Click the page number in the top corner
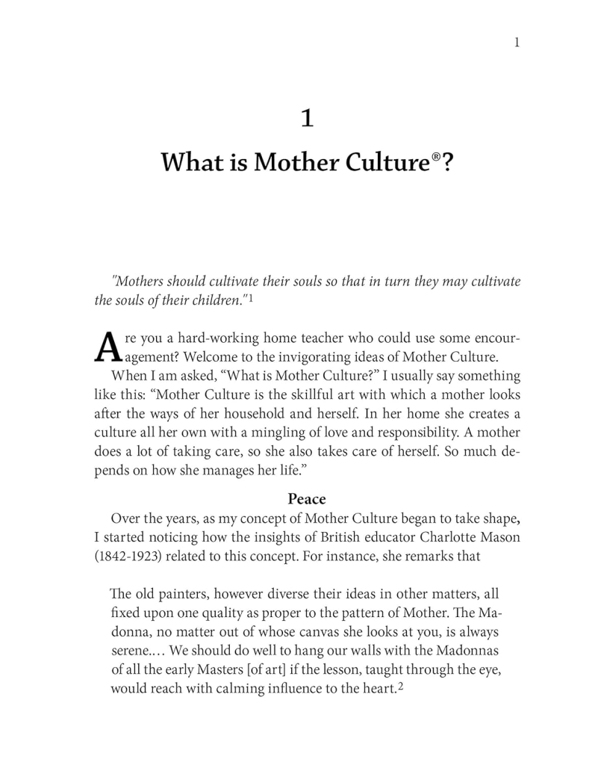[x=517, y=43]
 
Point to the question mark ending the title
[x=444, y=161]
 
